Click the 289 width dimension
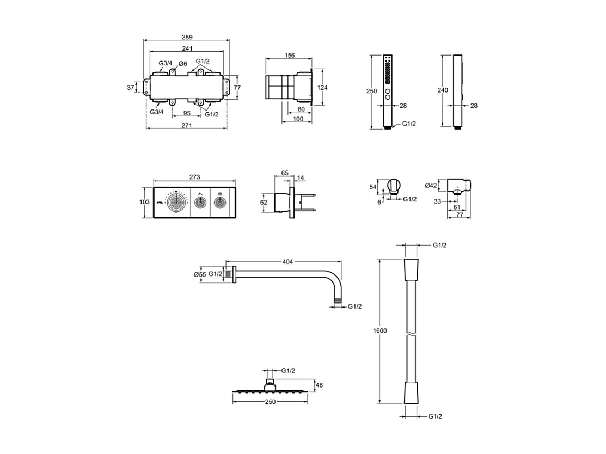click(187, 37)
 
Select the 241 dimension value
click(187, 49)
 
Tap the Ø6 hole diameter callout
click(183, 64)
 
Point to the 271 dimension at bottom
click(187, 125)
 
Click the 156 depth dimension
click(290, 55)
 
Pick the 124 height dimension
click(323, 87)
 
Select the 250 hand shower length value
click(371, 91)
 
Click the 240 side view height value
click(443, 90)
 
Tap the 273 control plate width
click(195, 177)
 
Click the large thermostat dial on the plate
click(176, 203)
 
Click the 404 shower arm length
click(287, 262)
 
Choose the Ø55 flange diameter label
click(200, 274)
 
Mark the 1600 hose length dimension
click(379, 331)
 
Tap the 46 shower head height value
click(319, 385)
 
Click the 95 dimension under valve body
click(186, 113)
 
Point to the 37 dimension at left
click(131, 87)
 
